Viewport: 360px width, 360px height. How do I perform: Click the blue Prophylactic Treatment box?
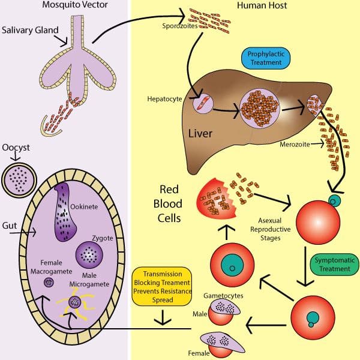click(x=266, y=58)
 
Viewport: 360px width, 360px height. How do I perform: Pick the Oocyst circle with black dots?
click(x=20, y=179)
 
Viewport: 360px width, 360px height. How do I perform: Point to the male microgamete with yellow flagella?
click(x=76, y=301)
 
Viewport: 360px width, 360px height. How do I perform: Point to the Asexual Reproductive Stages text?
click(x=270, y=224)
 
